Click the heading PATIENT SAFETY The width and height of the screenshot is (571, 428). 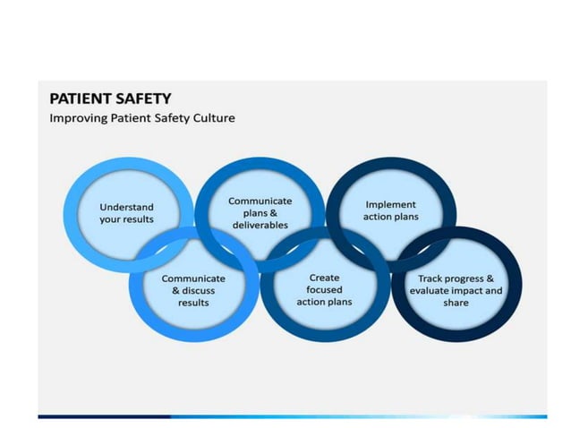[x=109, y=98]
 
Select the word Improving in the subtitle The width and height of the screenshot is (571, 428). [x=75, y=117]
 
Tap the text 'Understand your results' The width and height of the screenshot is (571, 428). [x=126, y=213]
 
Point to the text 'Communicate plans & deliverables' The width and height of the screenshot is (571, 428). [x=260, y=213]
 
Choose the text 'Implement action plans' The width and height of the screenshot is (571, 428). [x=390, y=211]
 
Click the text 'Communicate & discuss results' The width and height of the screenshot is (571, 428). [x=193, y=290]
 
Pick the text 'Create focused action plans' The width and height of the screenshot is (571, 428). [x=324, y=290]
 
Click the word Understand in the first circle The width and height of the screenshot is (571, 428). [x=126, y=207]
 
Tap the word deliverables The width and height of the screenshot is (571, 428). [x=260, y=226]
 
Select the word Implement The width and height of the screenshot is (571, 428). [x=390, y=205]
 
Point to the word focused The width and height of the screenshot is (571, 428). [x=324, y=290]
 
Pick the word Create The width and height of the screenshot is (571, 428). [x=324, y=278]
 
